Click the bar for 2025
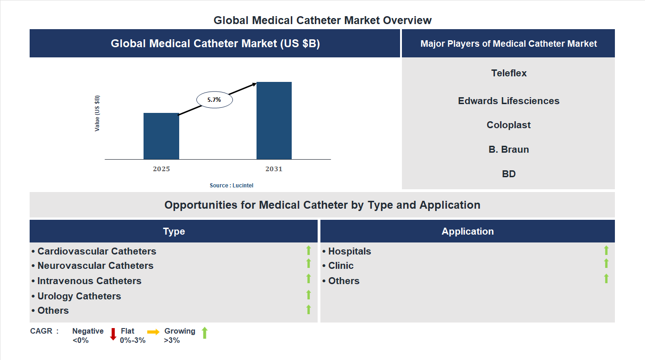[161, 136]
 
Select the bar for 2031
[274, 121]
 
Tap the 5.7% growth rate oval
[214, 99]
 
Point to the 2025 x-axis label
[161, 169]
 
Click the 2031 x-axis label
[274, 169]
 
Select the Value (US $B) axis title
[97, 113]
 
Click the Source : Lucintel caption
[232, 185]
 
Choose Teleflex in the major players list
[509, 73]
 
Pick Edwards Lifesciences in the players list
[508, 101]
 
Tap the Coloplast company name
[508, 125]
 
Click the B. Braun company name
[508, 149]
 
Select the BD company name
[508, 174]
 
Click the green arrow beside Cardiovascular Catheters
[308, 251]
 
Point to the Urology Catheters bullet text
[79, 296]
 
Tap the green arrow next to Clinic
[606, 264]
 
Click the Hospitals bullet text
[349, 251]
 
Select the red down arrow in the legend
[113, 334]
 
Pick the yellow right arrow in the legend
[153, 332]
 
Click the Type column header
[174, 231]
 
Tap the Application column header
[468, 231]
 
